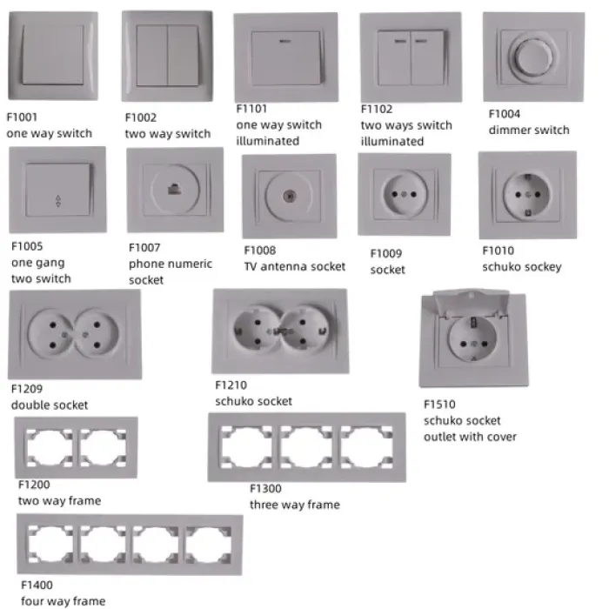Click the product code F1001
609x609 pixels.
(22, 117)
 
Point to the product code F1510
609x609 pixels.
(439, 405)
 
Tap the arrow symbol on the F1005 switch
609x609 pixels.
(57, 202)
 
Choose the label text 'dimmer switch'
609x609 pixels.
(529, 130)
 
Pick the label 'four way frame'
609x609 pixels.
(64, 601)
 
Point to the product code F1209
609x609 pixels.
(27, 390)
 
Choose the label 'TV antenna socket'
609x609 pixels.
(294, 267)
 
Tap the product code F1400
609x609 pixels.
(37, 586)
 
